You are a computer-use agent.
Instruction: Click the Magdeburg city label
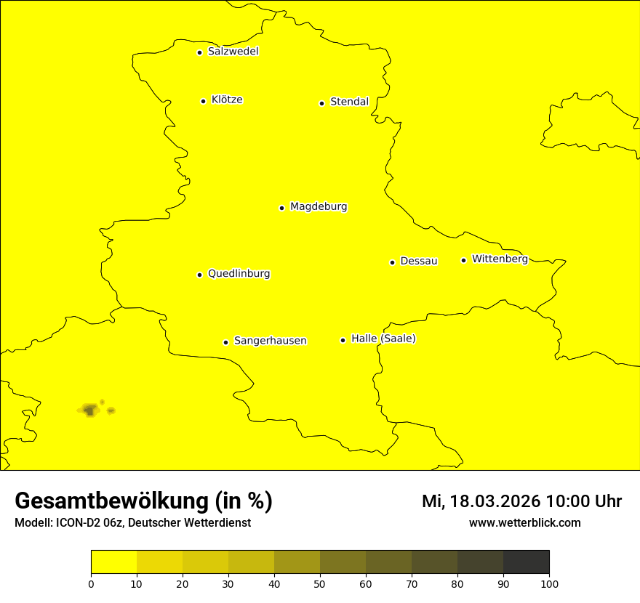319,207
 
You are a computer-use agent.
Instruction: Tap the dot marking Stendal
321,103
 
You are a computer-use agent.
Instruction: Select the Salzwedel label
233,52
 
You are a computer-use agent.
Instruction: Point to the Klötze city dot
203,101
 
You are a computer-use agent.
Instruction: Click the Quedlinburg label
239,274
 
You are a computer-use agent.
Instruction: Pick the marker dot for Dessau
392,262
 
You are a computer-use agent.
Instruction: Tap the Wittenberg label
500,259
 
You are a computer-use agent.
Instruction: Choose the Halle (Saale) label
383,339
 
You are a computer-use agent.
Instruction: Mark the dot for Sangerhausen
225,342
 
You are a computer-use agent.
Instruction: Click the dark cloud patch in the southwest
89,410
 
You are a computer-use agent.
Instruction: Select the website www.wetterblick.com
524,523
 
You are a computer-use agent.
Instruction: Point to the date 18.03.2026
495,501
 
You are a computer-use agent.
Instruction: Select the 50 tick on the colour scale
320,583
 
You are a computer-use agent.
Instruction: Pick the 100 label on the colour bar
549,583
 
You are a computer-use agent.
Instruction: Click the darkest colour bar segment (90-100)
526,562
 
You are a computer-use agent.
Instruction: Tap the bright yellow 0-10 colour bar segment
113,562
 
